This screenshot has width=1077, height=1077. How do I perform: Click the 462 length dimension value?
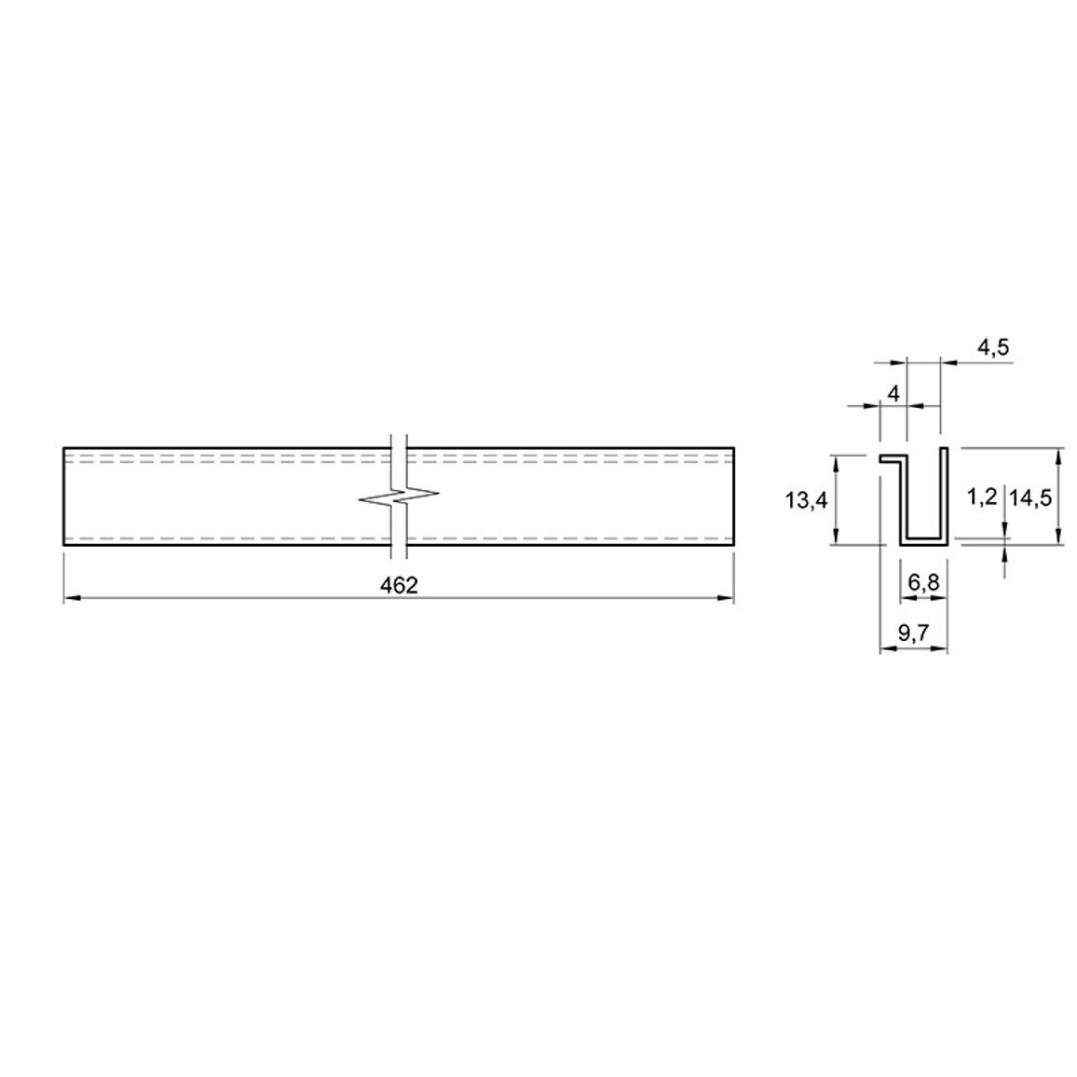point(399,585)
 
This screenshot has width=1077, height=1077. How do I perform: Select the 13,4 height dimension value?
point(807,500)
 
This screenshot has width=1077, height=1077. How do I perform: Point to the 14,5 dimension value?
point(1030,498)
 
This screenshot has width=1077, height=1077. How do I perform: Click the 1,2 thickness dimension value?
point(982,497)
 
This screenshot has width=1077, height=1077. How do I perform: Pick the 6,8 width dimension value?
point(923,582)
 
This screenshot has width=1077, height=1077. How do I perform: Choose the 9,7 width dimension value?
point(914,632)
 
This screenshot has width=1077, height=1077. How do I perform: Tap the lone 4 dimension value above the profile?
point(893,394)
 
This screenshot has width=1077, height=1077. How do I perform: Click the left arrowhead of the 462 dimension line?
point(72,598)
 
